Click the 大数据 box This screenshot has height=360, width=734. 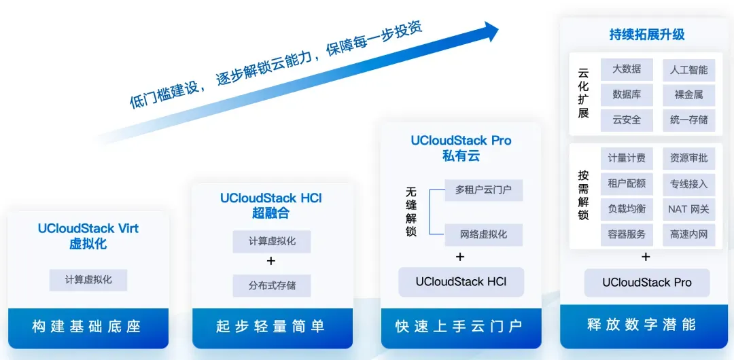tap(627, 70)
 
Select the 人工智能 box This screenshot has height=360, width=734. tap(688, 70)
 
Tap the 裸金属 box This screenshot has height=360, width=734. tap(688, 95)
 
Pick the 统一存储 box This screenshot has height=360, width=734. tap(688, 120)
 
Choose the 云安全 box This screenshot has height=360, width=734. tap(627, 120)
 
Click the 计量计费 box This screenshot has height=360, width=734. tap(627, 158)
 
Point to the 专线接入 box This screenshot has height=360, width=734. tap(688, 183)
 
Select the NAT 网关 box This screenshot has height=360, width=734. tap(688, 209)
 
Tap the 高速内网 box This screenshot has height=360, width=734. tap(688, 234)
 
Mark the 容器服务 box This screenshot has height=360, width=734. tap(627, 234)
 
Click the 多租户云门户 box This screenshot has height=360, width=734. tap(484, 190)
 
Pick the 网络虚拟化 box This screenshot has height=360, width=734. tap(484, 234)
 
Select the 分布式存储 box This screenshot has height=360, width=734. tap(271, 285)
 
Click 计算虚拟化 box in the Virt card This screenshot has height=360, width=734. tap(88, 280)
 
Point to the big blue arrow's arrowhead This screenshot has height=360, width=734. tap(489, 32)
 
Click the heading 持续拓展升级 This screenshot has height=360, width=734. tap(647, 35)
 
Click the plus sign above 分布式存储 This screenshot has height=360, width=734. tap(271, 261)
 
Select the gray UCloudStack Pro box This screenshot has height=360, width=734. tap(647, 283)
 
